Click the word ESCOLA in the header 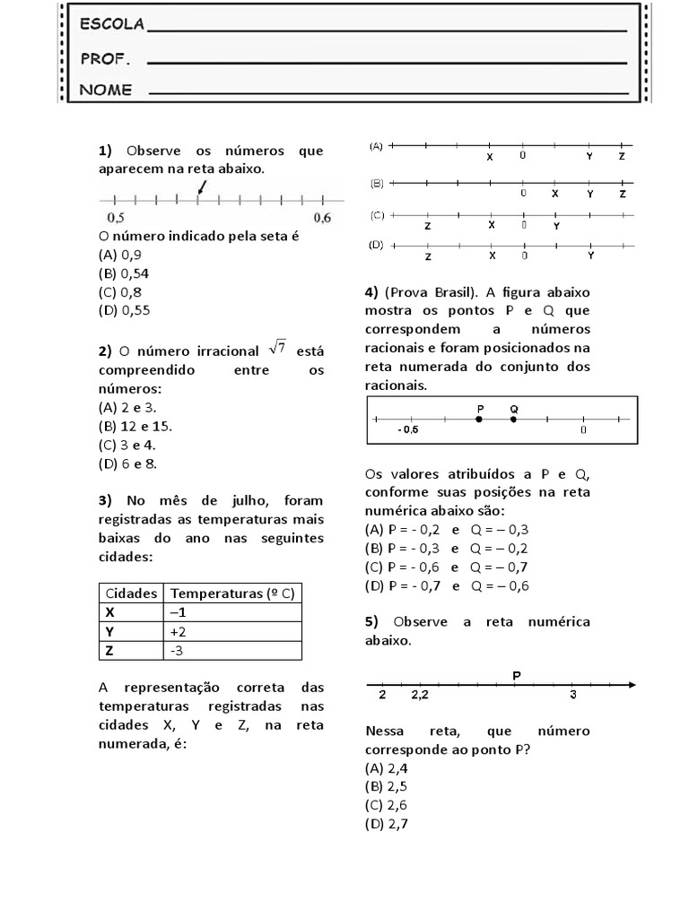pyautogui.click(x=112, y=25)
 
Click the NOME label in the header pyautogui.click(x=106, y=90)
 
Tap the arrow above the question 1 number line pyautogui.click(x=202, y=186)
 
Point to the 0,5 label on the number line pyautogui.click(x=116, y=218)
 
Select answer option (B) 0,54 pyautogui.click(x=123, y=273)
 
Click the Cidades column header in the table pyautogui.click(x=132, y=593)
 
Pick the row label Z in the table pyautogui.click(x=110, y=650)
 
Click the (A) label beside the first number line pyautogui.click(x=377, y=145)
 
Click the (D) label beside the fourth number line pyautogui.click(x=377, y=245)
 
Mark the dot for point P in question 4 pyautogui.click(x=480, y=419)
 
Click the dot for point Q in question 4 pyautogui.click(x=513, y=419)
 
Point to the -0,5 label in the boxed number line pyautogui.click(x=408, y=430)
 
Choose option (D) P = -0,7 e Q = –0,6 pyautogui.click(x=447, y=585)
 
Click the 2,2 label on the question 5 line pyautogui.click(x=420, y=695)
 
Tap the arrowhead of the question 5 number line pyautogui.click(x=632, y=685)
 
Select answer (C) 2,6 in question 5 pyautogui.click(x=387, y=805)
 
